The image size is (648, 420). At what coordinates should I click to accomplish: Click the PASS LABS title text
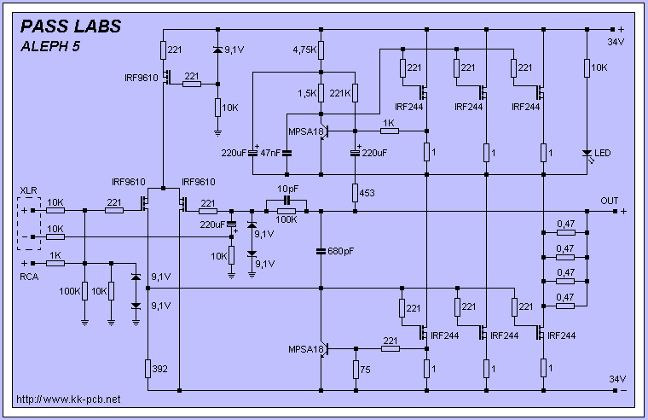[x=71, y=26]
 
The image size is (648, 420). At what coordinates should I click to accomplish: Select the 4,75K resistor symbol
[x=321, y=50]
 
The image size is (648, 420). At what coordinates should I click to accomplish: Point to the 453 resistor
[x=355, y=193]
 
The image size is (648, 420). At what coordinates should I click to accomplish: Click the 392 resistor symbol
[x=148, y=368]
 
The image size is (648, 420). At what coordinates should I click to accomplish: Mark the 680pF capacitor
[x=321, y=251]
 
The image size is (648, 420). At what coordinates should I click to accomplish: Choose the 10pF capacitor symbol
[x=286, y=200]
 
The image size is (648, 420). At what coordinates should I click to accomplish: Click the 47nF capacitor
[x=286, y=153]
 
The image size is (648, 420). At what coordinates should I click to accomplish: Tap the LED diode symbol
[x=587, y=154]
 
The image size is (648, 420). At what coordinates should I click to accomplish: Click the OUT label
[x=610, y=201]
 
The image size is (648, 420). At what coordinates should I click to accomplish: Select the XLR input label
[x=28, y=190]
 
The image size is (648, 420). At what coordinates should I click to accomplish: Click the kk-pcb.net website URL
[x=68, y=399]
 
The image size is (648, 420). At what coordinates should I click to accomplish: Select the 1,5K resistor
[x=321, y=92]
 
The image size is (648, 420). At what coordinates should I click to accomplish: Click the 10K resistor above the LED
[x=587, y=67]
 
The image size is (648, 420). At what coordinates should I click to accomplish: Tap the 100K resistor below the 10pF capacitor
[x=286, y=211]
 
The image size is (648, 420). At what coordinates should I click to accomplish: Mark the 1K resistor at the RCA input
[x=55, y=264]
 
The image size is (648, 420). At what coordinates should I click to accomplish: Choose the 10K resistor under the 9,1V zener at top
[x=217, y=107]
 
